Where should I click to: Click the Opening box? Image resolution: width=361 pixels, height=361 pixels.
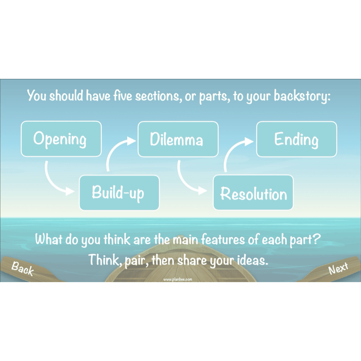(61, 139)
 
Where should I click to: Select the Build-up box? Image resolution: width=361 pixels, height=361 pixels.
(119, 193)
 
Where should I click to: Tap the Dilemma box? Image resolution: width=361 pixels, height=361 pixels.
(178, 139)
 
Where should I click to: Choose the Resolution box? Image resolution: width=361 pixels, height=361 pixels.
(254, 193)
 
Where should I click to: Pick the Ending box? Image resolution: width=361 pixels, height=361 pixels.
(297, 139)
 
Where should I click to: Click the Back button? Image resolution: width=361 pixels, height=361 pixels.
(23, 269)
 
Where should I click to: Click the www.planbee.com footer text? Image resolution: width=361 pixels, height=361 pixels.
(178, 280)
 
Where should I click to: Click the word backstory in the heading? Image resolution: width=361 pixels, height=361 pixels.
(302, 96)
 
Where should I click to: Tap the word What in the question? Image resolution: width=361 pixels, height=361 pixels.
(49, 239)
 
